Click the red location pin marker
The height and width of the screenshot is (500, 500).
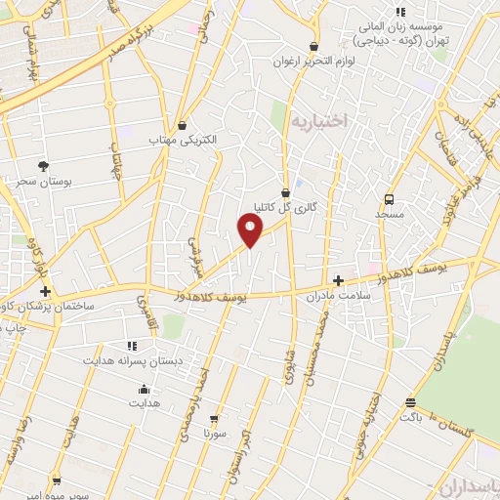coord(251,230)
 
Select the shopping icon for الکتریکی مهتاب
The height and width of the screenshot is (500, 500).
coord(183,125)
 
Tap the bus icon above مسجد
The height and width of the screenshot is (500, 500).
coord(390,198)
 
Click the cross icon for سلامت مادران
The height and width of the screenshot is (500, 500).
coord(338,279)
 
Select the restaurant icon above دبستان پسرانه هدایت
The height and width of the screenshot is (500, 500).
coord(131,346)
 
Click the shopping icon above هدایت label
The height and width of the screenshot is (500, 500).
coord(144,388)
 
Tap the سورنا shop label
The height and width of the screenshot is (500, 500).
coord(216,431)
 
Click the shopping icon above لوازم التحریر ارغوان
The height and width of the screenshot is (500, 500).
coord(313,47)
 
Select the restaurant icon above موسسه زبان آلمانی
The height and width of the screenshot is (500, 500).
coord(400,12)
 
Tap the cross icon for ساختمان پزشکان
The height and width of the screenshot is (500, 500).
coord(45,291)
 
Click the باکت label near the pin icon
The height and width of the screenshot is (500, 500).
coord(410,416)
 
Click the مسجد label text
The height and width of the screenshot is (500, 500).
coord(390,212)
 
